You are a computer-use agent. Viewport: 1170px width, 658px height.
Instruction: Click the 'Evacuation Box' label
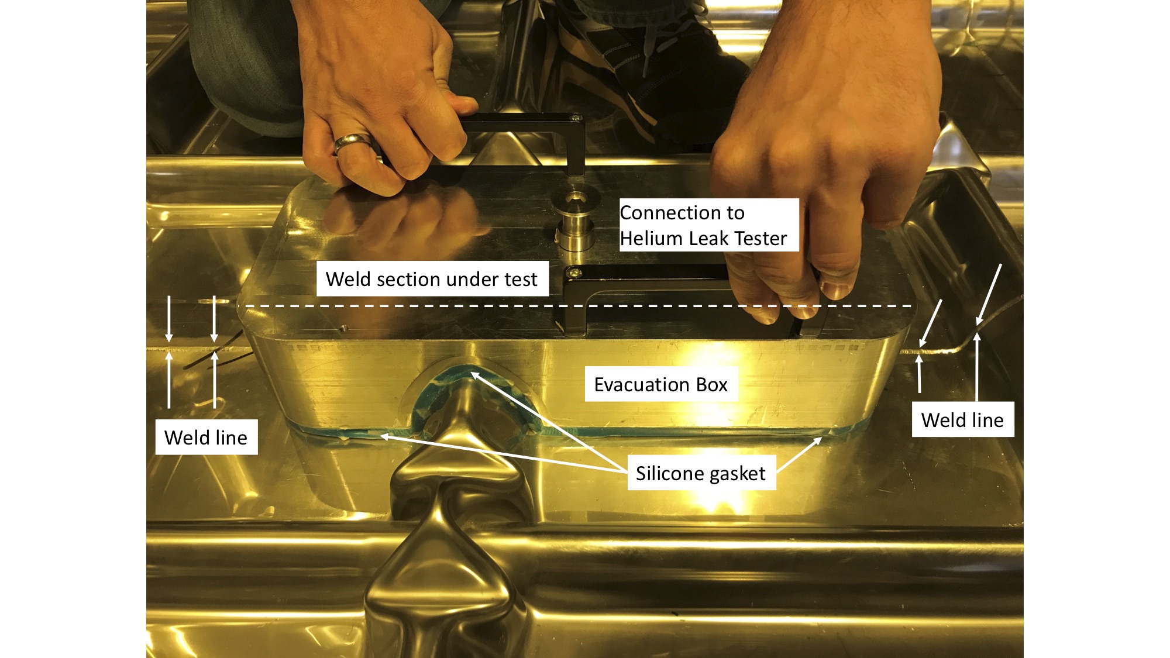(x=661, y=384)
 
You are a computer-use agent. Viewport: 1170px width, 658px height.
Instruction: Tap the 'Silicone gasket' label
(x=701, y=473)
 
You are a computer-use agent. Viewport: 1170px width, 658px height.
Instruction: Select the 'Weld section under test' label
(x=432, y=279)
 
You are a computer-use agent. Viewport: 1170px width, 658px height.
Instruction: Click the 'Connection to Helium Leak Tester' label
(x=709, y=225)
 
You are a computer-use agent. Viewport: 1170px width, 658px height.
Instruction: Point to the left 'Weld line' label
(x=206, y=437)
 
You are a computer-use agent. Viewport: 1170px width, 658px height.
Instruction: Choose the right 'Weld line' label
(x=963, y=419)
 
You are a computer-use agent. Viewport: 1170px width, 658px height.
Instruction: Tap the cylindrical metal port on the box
(x=574, y=221)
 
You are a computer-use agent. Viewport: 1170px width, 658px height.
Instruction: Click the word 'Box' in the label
(x=711, y=385)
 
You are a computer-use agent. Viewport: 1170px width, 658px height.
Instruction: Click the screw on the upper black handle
(x=576, y=118)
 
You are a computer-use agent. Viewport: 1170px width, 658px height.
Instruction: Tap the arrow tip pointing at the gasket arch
(x=473, y=373)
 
